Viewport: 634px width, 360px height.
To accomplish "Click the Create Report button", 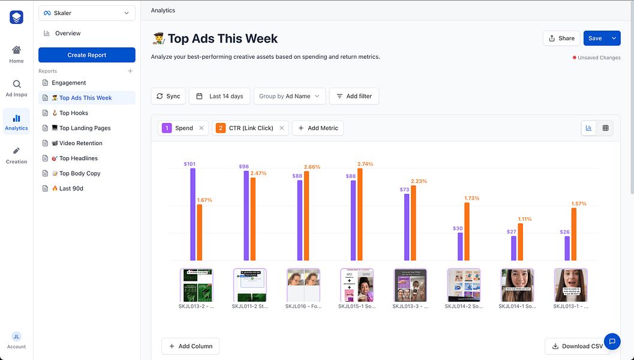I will (x=87, y=55).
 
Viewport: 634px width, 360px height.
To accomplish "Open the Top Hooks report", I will (x=73, y=113).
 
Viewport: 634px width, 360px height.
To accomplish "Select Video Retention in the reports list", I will (x=80, y=143).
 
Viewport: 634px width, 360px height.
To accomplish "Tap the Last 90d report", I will (x=71, y=188).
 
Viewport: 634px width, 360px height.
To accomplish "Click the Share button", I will (x=561, y=38).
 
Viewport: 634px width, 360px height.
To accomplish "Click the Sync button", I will (x=168, y=96).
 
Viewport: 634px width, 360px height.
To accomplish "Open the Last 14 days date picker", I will (x=220, y=96).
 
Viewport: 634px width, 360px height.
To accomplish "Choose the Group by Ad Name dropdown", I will (x=290, y=96).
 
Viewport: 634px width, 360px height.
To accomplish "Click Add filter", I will (x=354, y=96).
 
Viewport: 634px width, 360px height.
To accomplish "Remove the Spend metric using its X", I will (x=202, y=128).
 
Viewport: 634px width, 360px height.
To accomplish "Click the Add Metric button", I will (x=318, y=128).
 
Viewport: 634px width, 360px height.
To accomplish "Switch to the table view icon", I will (x=605, y=128).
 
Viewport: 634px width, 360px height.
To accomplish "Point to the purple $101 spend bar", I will (x=193, y=214).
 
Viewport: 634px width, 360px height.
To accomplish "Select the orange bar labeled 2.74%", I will (x=360, y=214).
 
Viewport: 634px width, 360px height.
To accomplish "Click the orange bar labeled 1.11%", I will (x=520, y=242).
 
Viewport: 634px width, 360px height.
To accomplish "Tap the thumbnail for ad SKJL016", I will (x=303, y=285).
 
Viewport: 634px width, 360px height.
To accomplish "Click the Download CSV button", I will (x=577, y=346).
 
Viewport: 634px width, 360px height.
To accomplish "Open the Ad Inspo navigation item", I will (x=16, y=88).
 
